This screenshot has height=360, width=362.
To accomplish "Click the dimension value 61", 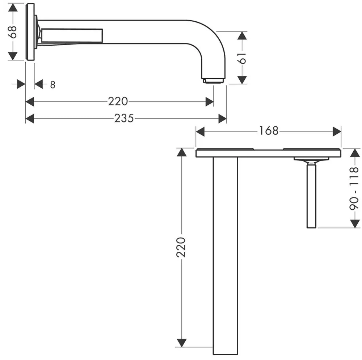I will pos(243,57).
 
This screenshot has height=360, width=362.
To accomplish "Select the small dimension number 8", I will pos(52,85).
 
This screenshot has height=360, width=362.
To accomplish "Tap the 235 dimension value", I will pos(124,118).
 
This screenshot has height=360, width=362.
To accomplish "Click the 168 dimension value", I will pos(269,131).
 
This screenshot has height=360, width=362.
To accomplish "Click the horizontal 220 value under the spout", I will pos(118,102).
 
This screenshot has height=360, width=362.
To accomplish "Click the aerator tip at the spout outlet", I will pos(214,80).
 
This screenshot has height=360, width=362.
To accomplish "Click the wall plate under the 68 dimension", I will pos(30,32).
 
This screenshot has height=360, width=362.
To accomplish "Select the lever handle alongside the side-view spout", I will pos(72,35).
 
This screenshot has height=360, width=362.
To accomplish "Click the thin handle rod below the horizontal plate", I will pos(311,196).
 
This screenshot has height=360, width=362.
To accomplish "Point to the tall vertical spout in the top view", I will pos(225,254).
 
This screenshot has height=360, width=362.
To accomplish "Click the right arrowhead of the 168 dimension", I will pos(337,131).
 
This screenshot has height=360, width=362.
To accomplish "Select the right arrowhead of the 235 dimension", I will pos(222,118).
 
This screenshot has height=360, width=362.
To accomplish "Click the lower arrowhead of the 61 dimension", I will pos(242,79).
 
